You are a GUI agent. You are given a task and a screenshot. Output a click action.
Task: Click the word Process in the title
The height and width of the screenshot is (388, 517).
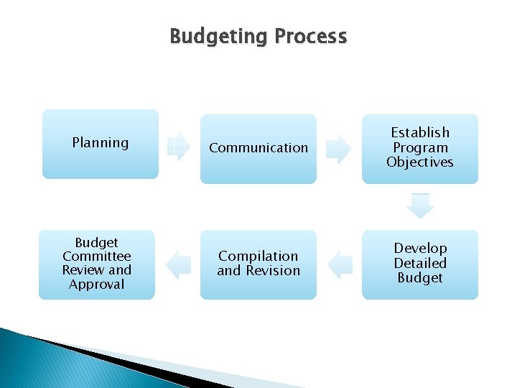click(x=311, y=37)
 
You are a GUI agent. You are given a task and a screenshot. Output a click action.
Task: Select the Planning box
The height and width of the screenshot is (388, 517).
click(x=101, y=144)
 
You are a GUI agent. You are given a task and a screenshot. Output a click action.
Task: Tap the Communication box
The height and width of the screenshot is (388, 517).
click(x=258, y=149)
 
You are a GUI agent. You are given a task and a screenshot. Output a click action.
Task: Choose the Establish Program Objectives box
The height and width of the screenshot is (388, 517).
click(x=420, y=149)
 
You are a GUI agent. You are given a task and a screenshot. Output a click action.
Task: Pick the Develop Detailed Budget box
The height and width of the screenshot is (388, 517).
click(x=420, y=264)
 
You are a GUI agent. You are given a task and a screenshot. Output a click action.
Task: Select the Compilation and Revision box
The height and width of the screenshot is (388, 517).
click(x=258, y=264)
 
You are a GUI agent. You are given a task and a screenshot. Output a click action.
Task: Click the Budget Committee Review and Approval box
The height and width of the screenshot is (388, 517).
click(x=97, y=264)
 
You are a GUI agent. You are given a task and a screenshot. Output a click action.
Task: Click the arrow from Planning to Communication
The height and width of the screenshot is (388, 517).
click(x=178, y=147)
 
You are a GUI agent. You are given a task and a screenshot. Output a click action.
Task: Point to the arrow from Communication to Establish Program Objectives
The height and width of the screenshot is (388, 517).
click(x=338, y=149)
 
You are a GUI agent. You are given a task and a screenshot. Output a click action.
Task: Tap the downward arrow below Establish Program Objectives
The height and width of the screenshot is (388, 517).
click(x=420, y=205)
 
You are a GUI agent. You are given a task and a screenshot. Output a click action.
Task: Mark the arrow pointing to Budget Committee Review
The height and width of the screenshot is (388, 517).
click(x=178, y=265)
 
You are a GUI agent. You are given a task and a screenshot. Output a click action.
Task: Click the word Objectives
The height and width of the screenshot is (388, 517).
click(x=420, y=162)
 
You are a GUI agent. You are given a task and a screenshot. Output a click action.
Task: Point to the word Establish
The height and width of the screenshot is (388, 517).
click(x=420, y=133)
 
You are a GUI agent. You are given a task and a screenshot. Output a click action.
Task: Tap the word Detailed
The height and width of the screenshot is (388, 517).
click(x=420, y=264)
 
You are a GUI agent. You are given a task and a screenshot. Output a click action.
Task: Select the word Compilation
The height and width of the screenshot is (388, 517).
click(x=258, y=257)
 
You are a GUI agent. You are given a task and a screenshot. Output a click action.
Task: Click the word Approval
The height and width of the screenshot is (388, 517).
click(x=97, y=285)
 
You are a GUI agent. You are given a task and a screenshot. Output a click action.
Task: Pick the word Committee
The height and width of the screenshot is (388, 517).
click(x=97, y=257)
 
